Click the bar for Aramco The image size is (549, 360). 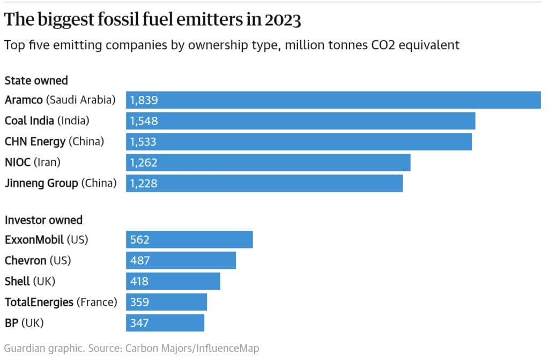click(x=333, y=100)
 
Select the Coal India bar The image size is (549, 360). click(x=300, y=121)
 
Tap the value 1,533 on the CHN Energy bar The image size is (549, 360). click(x=144, y=142)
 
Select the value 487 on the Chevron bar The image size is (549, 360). click(x=140, y=261)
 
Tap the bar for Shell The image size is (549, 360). click(x=173, y=281)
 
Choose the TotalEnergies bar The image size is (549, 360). click(x=166, y=302)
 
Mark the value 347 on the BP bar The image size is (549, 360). click(x=139, y=323)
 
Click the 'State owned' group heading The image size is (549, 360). click(x=36, y=81)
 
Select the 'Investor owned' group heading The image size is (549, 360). click(x=43, y=220)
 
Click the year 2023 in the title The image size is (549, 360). click(x=283, y=20)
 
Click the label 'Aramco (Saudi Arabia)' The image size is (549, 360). click(x=60, y=100)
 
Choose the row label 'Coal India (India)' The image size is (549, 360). click(x=47, y=121)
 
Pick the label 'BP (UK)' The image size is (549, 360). click(x=24, y=323)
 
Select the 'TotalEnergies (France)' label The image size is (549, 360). click(x=61, y=302)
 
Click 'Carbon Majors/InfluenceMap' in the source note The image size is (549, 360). click(x=192, y=348)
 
